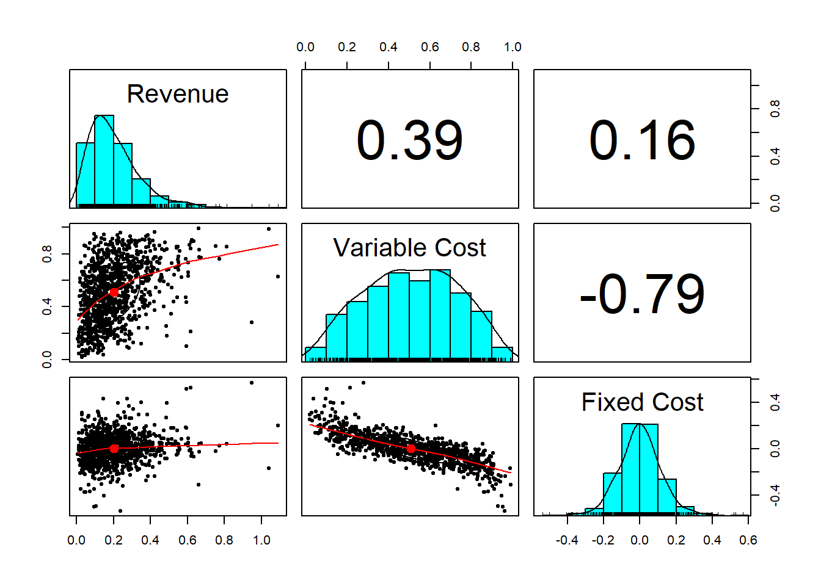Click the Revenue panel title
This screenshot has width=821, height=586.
[x=178, y=95]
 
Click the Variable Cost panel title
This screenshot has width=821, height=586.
[x=409, y=248]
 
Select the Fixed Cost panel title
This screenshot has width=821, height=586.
[x=642, y=403]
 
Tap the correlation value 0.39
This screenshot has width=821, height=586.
[x=409, y=140]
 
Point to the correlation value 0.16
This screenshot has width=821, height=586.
[x=642, y=140]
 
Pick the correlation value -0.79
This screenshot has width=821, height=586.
[x=642, y=295]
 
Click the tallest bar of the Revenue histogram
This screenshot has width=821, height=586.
[x=104, y=160]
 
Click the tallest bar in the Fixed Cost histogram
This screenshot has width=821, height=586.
[x=640, y=468]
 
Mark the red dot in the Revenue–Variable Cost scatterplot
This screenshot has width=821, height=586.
[x=114, y=292]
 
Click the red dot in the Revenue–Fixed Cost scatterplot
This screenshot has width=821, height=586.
[x=114, y=449]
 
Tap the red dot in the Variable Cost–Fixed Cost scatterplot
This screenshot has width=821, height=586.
[x=411, y=449]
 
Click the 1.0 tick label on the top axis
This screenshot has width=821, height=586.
[x=513, y=47]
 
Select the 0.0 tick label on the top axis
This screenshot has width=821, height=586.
[x=305, y=47]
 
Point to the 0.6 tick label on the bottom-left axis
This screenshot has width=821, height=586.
[x=188, y=540]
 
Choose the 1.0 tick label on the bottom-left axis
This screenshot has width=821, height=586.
[x=261, y=540]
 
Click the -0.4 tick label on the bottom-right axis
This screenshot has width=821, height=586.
[x=567, y=540]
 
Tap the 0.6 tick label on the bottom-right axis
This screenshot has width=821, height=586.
[x=748, y=540]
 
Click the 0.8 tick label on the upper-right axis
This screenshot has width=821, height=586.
[x=775, y=109]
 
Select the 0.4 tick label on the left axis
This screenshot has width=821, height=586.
[x=47, y=306]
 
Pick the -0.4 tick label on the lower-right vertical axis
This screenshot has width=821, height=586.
[x=775, y=496]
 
